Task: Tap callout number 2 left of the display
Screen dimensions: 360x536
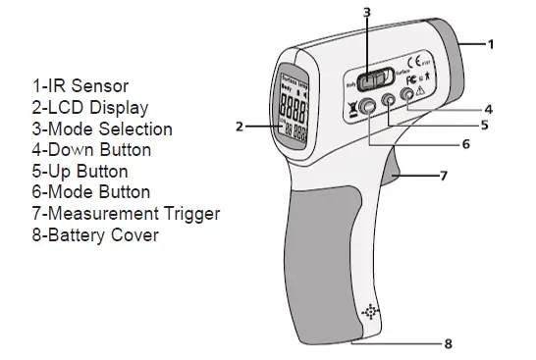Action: pyautogui.click(x=240, y=126)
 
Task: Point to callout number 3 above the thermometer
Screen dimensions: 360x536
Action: pyautogui.click(x=366, y=13)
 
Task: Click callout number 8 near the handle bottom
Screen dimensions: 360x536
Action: pyautogui.click(x=449, y=344)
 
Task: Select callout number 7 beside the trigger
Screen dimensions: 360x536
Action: pyautogui.click(x=444, y=177)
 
